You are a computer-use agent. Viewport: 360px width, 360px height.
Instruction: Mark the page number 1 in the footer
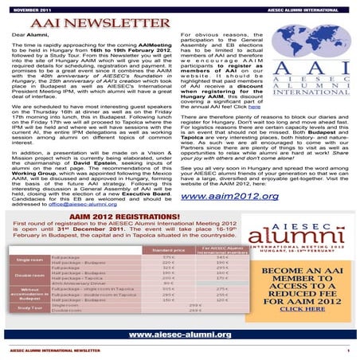pos(347,350)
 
